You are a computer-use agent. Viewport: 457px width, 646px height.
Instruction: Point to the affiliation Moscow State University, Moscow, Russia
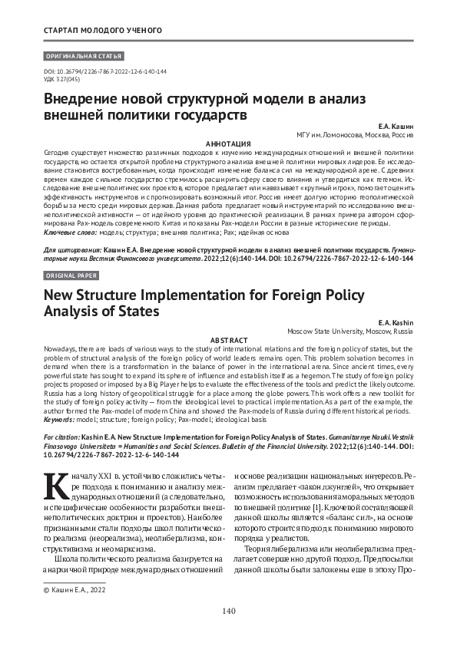click(349, 332)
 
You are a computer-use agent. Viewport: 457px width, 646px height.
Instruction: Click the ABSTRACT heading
click(229, 340)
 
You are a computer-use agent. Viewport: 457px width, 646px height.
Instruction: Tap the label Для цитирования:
click(71, 250)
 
